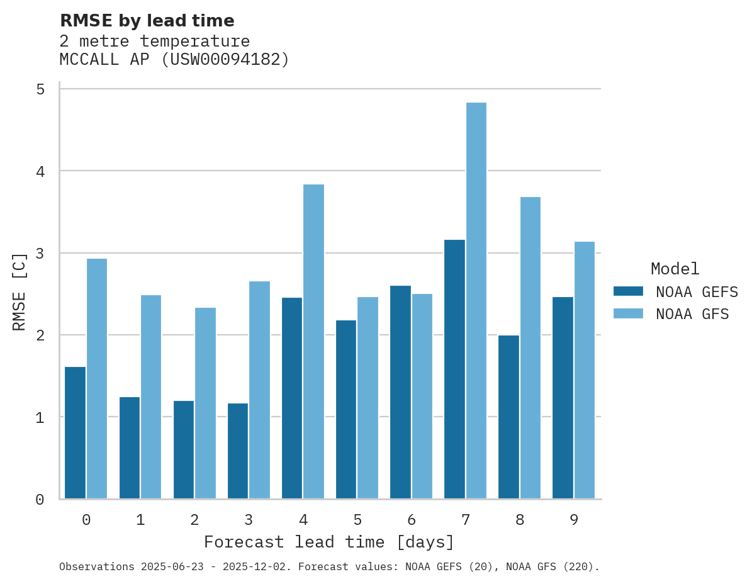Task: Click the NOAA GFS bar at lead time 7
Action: (x=476, y=301)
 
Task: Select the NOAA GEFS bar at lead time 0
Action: (x=75, y=433)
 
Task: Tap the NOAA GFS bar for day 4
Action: (x=313, y=342)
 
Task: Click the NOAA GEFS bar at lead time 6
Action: (x=400, y=392)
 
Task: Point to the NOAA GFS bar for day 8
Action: (x=530, y=348)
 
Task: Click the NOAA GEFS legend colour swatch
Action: (x=628, y=291)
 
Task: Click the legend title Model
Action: (x=675, y=269)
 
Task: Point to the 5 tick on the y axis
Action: (x=40, y=89)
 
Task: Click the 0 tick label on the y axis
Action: (x=40, y=500)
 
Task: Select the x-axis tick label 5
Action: (x=357, y=520)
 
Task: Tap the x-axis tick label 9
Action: (x=574, y=520)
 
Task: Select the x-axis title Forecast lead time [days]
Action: (x=328, y=542)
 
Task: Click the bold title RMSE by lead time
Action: (x=147, y=21)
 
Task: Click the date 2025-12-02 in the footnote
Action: (x=258, y=567)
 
